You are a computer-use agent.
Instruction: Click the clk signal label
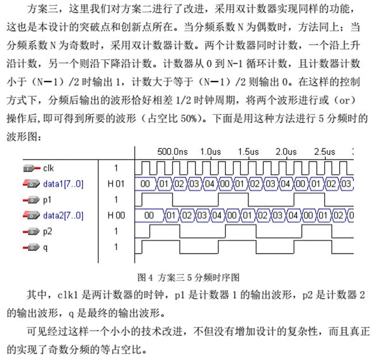(x=48, y=168)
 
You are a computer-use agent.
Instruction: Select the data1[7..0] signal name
(x=63, y=184)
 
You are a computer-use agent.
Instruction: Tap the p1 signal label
(x=47, y=200)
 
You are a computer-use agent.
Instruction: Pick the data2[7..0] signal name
(x=63, y=216)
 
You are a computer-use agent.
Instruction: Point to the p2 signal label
(x=47, y=231)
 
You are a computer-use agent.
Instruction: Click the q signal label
(x=45, y=247)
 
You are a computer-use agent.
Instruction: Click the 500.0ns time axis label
(x=172, y=152)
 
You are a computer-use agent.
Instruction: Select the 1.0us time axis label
(x=210, y=152)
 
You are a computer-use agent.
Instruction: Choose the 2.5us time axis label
(x=324, y=152)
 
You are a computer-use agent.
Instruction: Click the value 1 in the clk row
(x=116, y=168)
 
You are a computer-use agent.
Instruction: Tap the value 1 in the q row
(x=116, y=247)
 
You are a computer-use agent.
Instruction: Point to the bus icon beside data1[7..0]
(x=31, y=184)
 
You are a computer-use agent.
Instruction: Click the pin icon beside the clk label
(x=31, y=168)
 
